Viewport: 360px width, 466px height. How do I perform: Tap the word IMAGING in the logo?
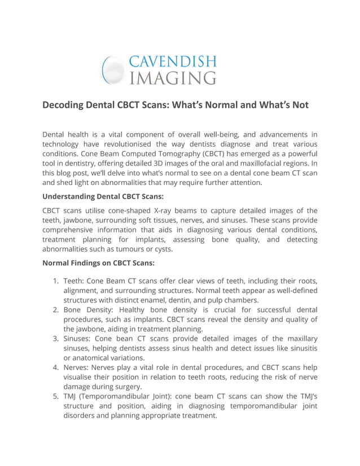(x=172, y=77)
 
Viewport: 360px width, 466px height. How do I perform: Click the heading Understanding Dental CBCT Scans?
(x=103, y=197)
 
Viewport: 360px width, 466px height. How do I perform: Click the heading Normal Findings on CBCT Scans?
(x=98, y=263)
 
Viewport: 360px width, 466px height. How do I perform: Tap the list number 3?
(x=55, y=339)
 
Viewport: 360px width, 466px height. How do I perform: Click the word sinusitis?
(x=299, y=349)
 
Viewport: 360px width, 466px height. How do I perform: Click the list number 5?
(x=55, y=397)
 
